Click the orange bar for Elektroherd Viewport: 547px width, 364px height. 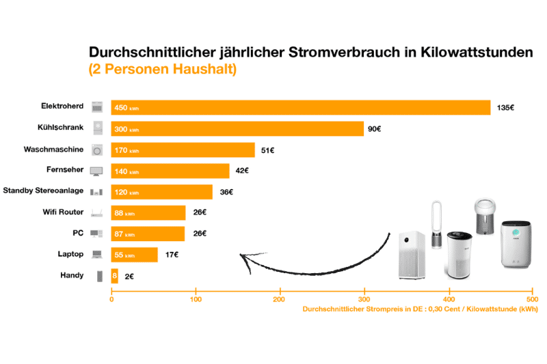[301, 108]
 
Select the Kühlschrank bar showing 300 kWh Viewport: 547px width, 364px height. [237, 129]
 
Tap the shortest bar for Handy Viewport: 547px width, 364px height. [114, 277]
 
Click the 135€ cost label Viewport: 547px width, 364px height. [506, 108]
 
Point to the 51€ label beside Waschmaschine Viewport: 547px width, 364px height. [268, 150]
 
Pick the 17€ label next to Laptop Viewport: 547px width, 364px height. [171, 255]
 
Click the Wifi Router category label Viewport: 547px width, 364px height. [62, 212]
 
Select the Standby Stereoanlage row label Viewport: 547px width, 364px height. [43, 191]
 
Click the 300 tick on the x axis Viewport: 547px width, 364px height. [364, 299]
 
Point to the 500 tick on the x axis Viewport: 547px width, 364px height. [532, 299]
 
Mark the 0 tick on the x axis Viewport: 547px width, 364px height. [111, 299]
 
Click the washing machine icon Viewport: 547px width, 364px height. [97, 150]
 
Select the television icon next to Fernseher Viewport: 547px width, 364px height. [97, 171]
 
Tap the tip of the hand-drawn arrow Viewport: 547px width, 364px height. [241, 255]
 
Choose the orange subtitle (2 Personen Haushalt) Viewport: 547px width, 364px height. [163, 69]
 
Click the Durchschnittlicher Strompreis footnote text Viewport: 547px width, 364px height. [417, 310]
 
